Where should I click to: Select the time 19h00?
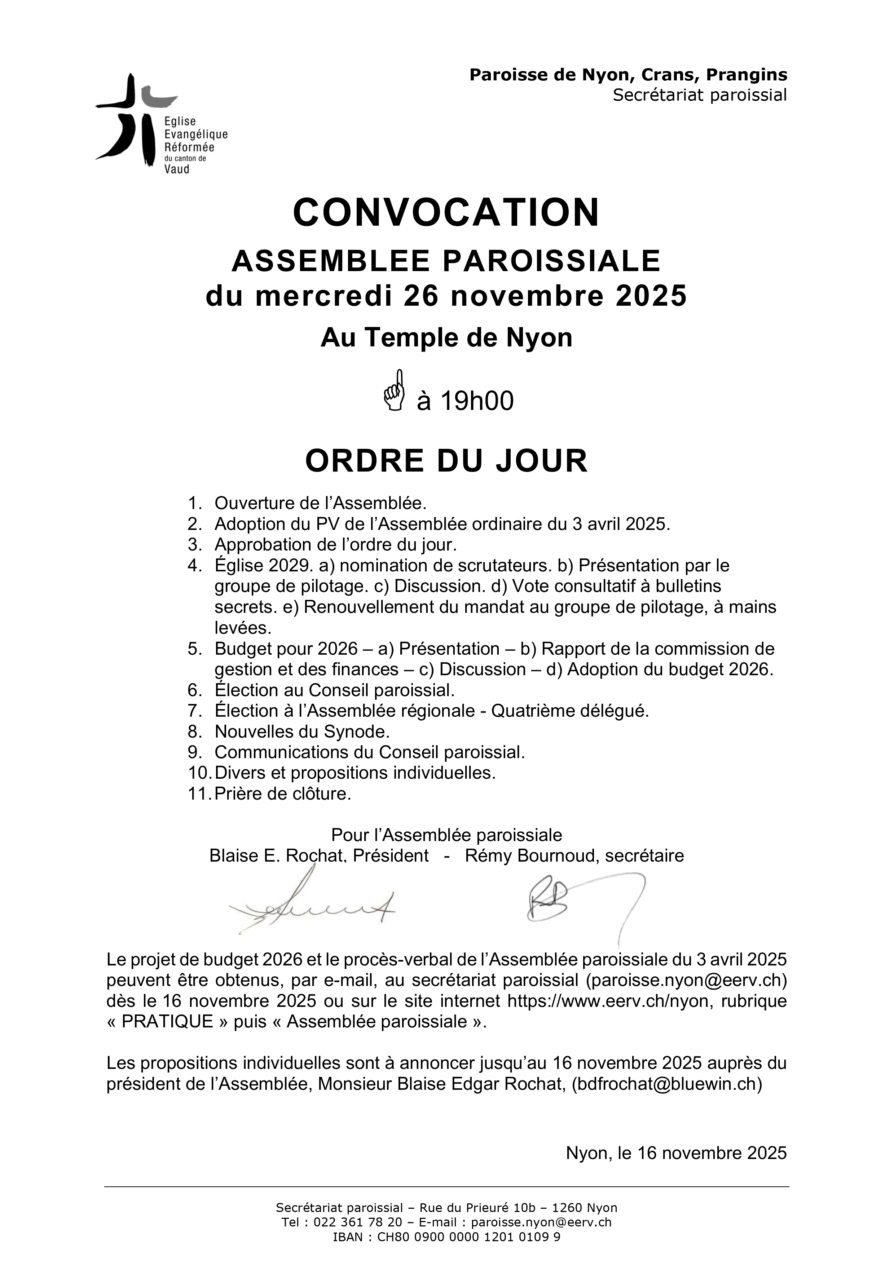pyautogui.click(x=477, y=401)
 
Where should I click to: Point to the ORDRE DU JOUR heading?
pyautogui.click(x=446, y=461)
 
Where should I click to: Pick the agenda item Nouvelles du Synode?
pyautogui.click(x=302, y=732)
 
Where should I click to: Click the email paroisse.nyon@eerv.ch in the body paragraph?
pyautogui.click(x=686, y=980)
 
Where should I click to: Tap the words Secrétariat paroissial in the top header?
pyautogui.click(x=699, y=95)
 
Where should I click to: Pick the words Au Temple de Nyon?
pyautogui.click(x=446, y=337)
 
